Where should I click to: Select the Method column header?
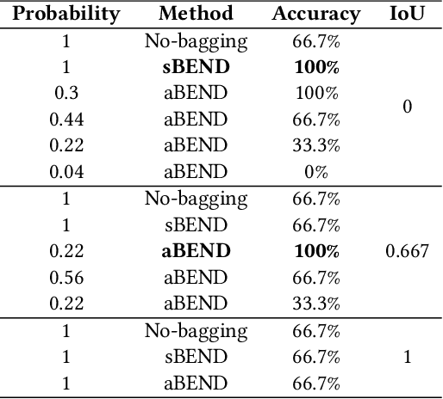click(x=196, y=14)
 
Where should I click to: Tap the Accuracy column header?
click(x=316, y=14)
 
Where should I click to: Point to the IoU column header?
click(x=407, y=14)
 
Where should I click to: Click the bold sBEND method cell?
click(x=196, y=65)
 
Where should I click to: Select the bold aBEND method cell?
click(x=196, y=251)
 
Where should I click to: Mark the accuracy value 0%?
click(x=316, y=171)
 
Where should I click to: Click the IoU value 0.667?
click(x=407, y=251)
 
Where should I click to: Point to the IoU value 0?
click(x=407, y=106)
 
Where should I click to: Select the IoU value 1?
click(x=407, y=358)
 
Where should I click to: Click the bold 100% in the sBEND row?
click(x=316, y=65)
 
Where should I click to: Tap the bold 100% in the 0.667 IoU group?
click(x=316, y=251)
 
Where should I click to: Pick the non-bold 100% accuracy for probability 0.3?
click(x=316, y=92)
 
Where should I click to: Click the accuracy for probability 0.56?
click(x=316, y=278)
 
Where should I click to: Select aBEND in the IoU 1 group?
click(x=196, y=384)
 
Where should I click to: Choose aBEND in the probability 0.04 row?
click(x=196, y=171)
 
